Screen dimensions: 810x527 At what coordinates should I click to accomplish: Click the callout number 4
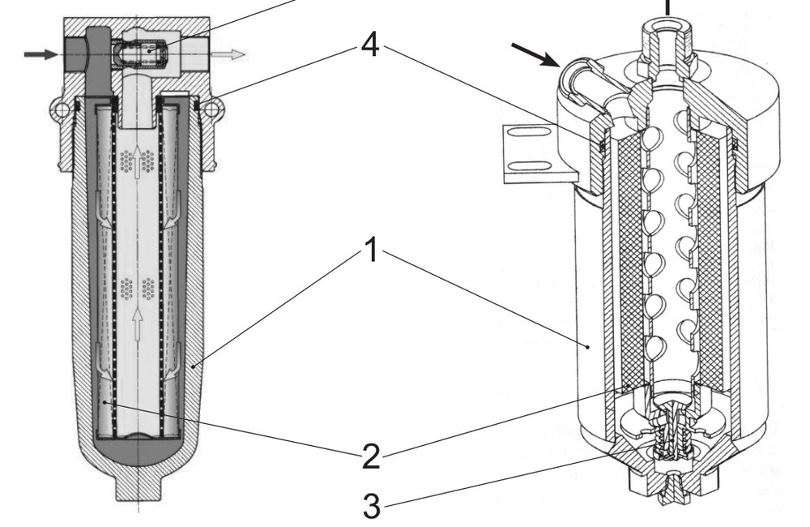pyautogui.click(x=371, y=45)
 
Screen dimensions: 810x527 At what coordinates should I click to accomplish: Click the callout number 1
pyautogui.click(x=372, y=251)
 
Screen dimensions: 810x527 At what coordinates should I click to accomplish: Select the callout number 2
pyautogui.click(x=372, y=456)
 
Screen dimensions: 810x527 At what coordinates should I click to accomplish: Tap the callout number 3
pyautogui.click(x=372, y=506)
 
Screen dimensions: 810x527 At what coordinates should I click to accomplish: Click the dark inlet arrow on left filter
pyautogui.click(x=41, y=54)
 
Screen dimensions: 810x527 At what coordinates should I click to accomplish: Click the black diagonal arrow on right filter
pyautogui.click(x=535, y=55)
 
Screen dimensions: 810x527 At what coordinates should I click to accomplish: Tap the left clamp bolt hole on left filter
pyautogui.click(x=61, y=109)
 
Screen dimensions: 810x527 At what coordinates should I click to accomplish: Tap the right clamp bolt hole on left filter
pyautogui.click(x=211, y=109)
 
